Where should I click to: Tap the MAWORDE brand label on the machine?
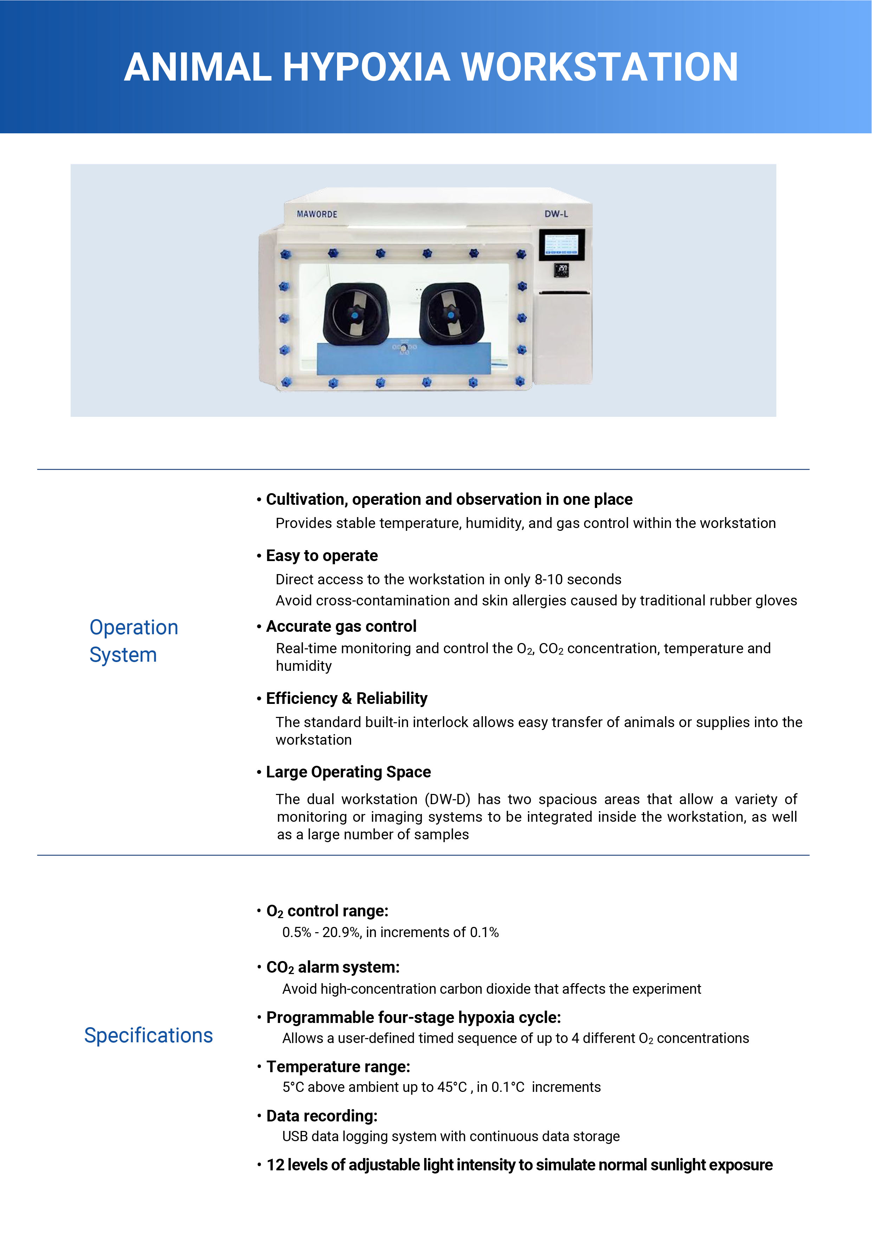pos(317,214)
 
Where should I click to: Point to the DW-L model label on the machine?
pos(556,214)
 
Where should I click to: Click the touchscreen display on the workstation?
pos(561,245)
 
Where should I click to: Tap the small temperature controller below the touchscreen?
pos(561,271)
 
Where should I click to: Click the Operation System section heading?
pos(133,641)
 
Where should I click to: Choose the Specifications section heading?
pos(148,1035)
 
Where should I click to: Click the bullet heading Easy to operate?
pos(322,556)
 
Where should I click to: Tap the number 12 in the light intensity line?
pos(276,1165)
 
